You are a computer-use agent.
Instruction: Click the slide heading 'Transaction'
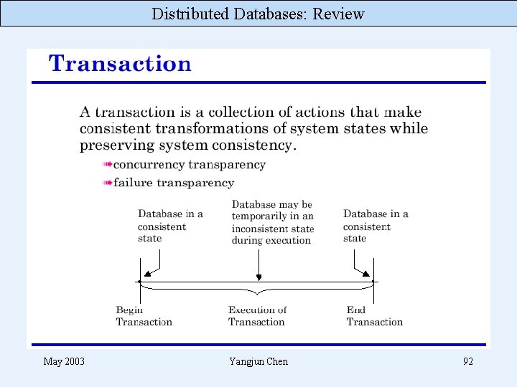tap(120, 64)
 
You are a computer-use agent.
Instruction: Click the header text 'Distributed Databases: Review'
tap(258, 14)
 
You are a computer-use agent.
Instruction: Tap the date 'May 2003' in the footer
tap(64, 361)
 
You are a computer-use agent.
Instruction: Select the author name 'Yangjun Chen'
tap(258, 361)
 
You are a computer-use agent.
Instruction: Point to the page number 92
tap(467, 361)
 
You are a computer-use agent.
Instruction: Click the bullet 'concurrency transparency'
tap(190, 165)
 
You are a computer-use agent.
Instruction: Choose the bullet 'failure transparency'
tap(174, 183)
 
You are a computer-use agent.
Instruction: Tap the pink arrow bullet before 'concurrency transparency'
tap(107, 165)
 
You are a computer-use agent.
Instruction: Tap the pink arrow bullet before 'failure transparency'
tap(107, 183)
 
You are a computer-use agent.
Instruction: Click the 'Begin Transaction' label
tap(144, 316)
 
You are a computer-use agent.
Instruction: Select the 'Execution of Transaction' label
tap(257, 316)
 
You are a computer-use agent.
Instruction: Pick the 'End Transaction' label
tap(374, 316)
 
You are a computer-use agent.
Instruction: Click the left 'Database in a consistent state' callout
tap(170, 226)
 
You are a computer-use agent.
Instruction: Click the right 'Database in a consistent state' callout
tap(376, 226)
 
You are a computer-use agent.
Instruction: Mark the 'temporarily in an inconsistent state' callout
tap(272, 222)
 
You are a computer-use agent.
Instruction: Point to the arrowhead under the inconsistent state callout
tap(258, 277)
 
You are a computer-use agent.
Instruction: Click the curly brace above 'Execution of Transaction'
tap(257, 291)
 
